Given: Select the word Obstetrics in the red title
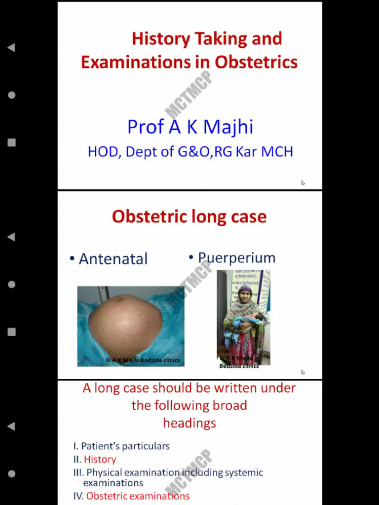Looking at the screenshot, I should point(256,63).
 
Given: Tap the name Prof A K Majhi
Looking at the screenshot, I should point(190,127).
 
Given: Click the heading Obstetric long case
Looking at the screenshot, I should point(189,216).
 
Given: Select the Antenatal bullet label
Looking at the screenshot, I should point(113,259).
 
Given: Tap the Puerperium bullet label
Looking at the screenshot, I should point(236,257).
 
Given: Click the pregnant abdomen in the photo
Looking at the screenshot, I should point(125,323).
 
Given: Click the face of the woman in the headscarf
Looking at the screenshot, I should point(245,294).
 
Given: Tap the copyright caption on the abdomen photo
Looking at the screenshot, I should point(143,361).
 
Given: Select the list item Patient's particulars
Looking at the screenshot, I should point(125,446).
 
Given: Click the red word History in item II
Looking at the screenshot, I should point(100,460).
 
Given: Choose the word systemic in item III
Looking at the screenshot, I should point(243,473).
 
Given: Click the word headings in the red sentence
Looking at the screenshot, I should point(189,423).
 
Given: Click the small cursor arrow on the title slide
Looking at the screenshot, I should point(303,183).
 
